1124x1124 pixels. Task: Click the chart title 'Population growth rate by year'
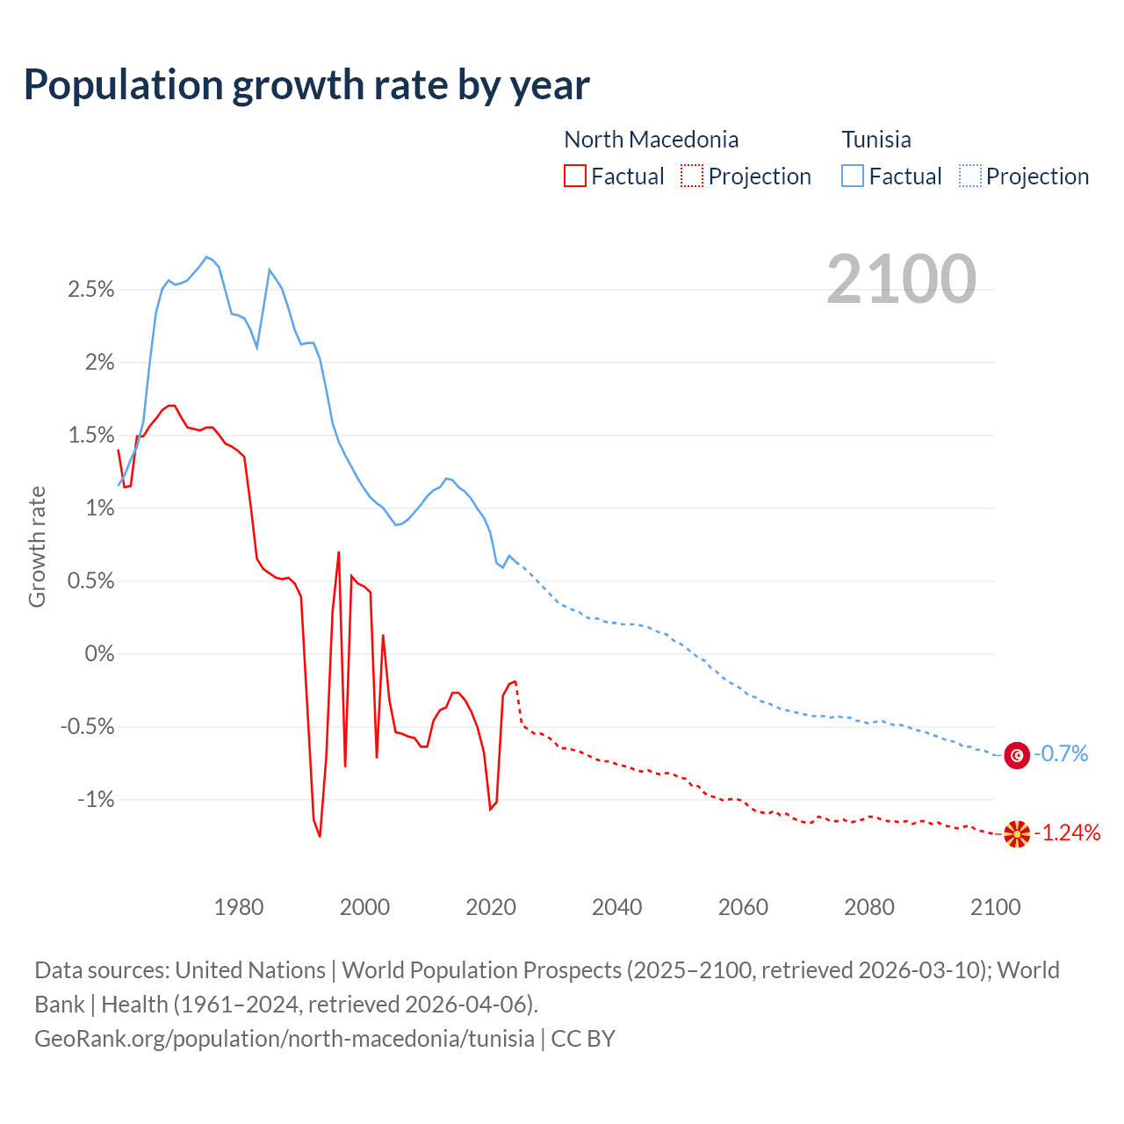[306, 85]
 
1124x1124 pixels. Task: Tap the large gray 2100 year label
[901, 278]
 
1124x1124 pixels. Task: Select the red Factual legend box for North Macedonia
[574, 176]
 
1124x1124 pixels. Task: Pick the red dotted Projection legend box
[692, 176]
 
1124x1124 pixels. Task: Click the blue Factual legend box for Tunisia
[852, 176]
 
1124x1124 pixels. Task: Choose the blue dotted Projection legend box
[970, 176]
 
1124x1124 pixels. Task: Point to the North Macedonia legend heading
[651, 140]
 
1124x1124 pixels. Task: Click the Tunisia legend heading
[875, 140]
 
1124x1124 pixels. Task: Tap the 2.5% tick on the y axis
[91, 290]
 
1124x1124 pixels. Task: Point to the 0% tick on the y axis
[99, 653]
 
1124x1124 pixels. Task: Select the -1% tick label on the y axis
[96, 799]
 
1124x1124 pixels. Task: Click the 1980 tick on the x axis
[239, 907]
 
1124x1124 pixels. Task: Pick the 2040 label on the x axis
[617, 907]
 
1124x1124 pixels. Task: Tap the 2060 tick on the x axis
[743, 907]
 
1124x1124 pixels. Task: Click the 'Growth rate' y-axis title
[37, 546]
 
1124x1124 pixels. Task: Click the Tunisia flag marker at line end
[1017, 754]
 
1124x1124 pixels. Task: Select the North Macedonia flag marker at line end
[1017, 833]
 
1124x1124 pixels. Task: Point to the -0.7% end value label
[1061, 754]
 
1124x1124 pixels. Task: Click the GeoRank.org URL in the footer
[285, 1039]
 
